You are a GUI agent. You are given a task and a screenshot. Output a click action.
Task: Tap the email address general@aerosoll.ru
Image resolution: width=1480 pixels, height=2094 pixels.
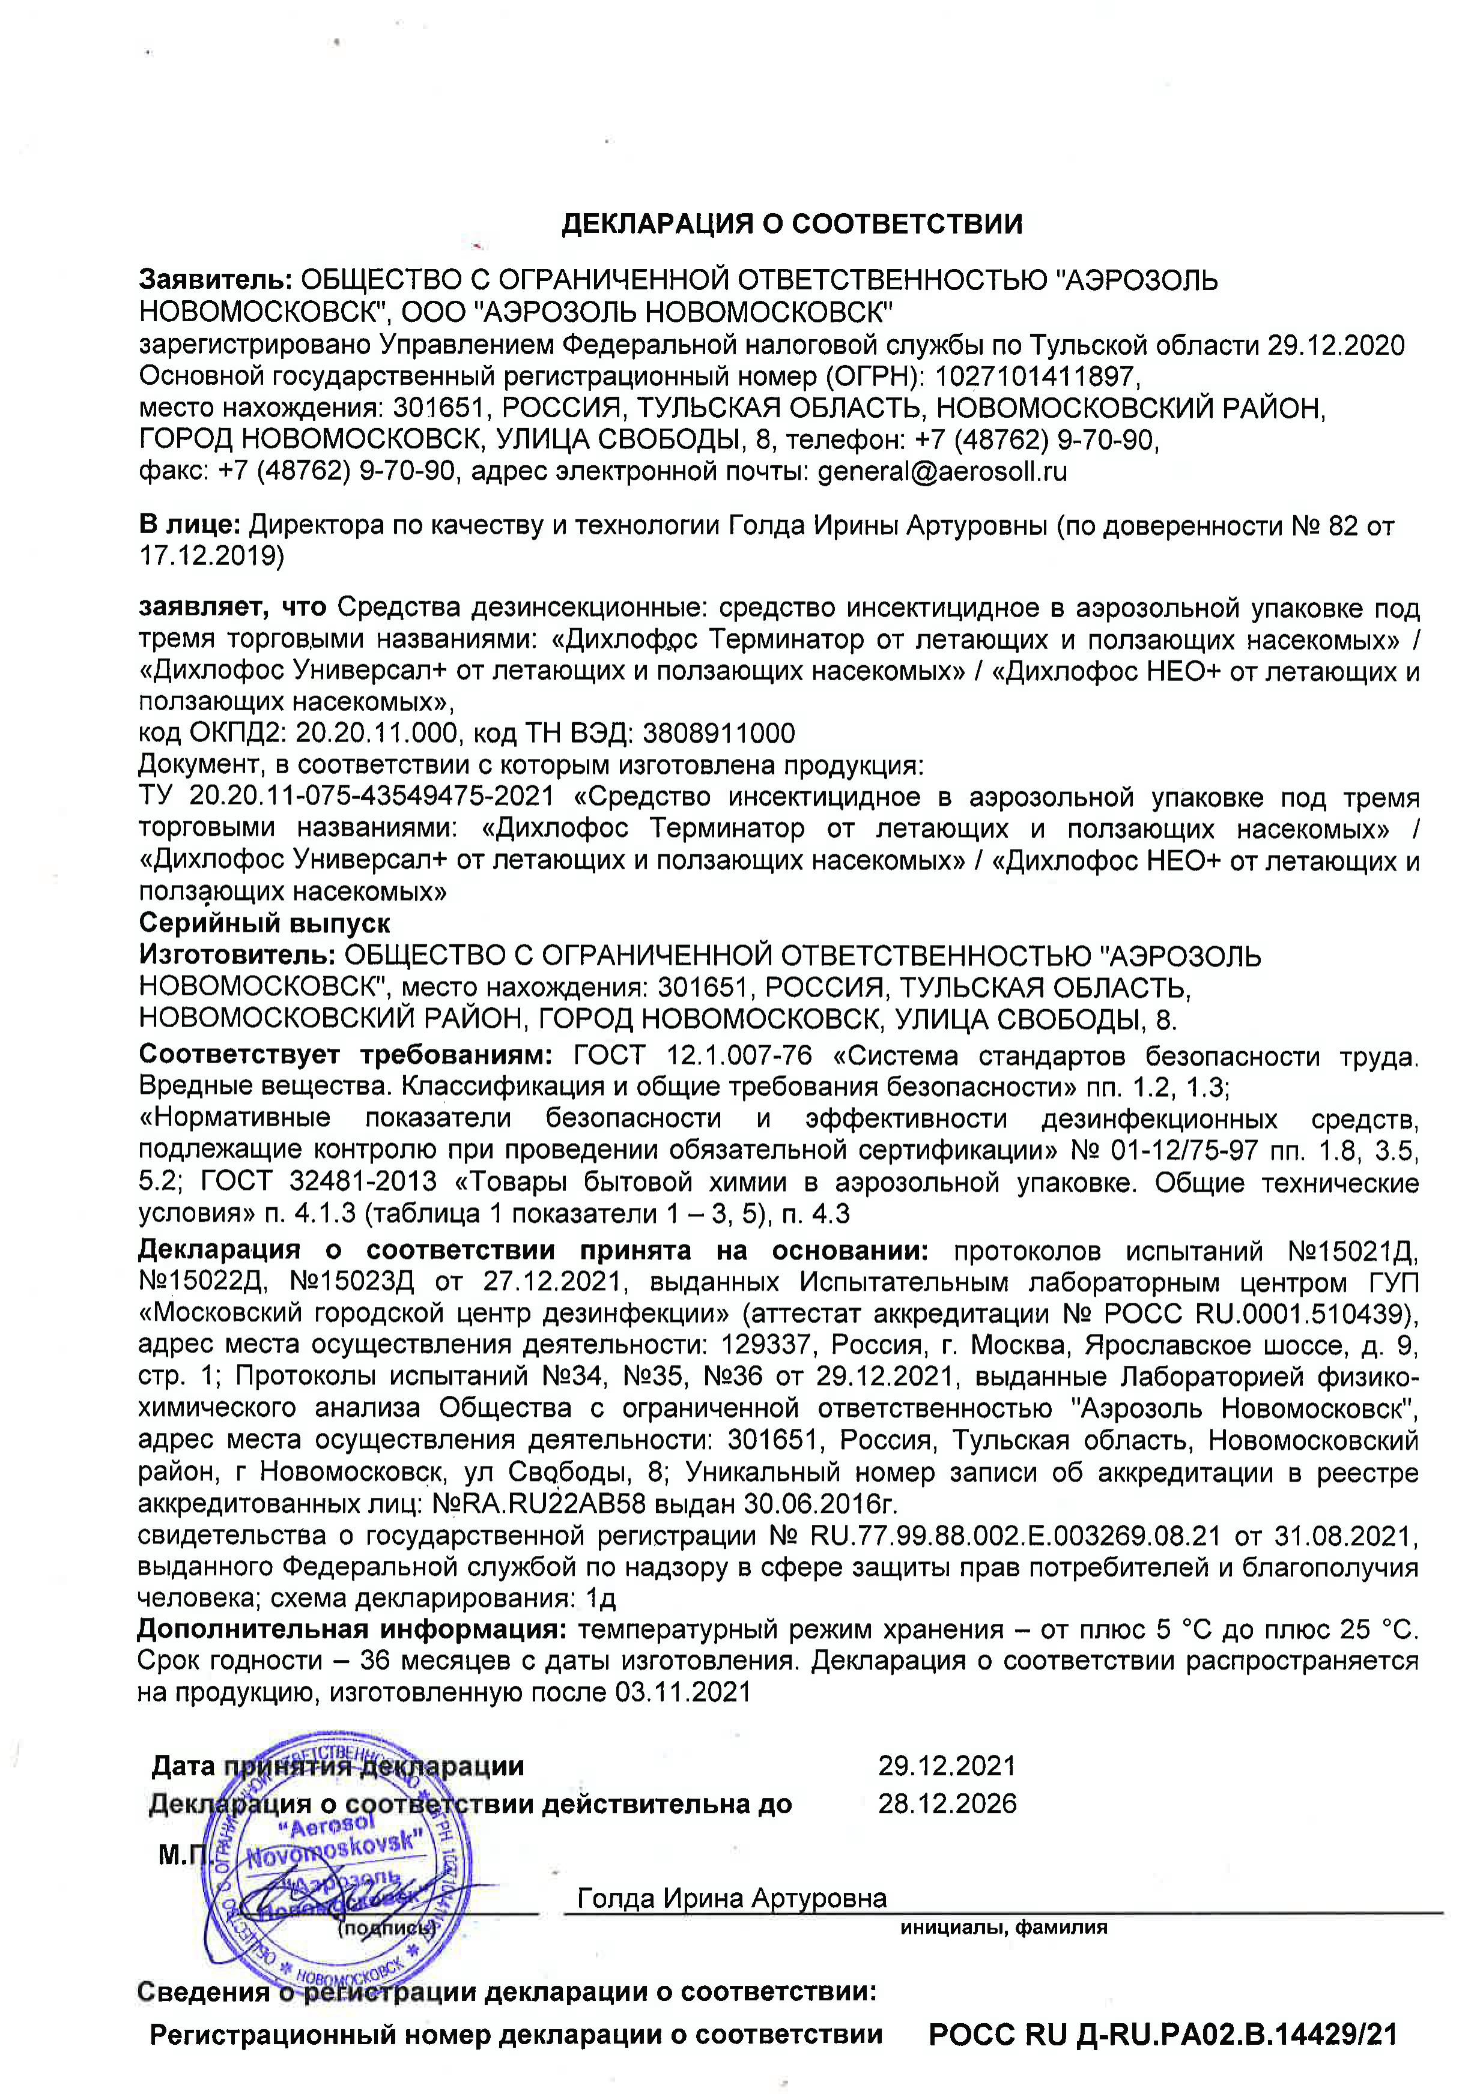coord(942,471)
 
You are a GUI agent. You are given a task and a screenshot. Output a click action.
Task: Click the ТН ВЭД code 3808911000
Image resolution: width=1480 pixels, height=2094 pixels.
coord(718,732)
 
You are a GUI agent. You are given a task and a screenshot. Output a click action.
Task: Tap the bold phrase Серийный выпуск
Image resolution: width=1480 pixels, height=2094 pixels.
coord(265,922)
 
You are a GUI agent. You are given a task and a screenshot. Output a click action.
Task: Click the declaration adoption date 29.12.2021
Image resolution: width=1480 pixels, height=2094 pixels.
coord(946,1765)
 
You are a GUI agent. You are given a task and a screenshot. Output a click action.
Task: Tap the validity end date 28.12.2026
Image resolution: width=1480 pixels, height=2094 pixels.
coord(946,1803)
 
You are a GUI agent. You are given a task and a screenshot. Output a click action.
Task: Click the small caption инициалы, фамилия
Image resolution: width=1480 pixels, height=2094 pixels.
coord(1003,1927)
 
